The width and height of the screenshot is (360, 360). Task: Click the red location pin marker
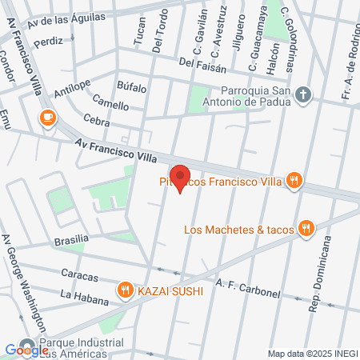click(181, 178)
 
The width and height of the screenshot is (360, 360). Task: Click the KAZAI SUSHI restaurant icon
click(125, 289)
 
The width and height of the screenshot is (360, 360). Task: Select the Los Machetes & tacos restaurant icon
click(306, 230)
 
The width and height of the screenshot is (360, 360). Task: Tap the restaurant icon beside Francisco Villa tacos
click(294, 181)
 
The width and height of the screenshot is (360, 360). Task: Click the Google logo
click(26, 350)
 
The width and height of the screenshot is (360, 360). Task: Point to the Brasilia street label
click(70, 240)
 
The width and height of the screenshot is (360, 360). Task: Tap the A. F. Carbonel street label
click(248, 288)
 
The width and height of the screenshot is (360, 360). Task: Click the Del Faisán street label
click(198, 62)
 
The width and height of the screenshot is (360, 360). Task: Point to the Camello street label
click(110, 105)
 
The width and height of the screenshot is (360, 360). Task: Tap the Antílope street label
click(72, 88)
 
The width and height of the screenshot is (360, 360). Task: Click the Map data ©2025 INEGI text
click(312, 353)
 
